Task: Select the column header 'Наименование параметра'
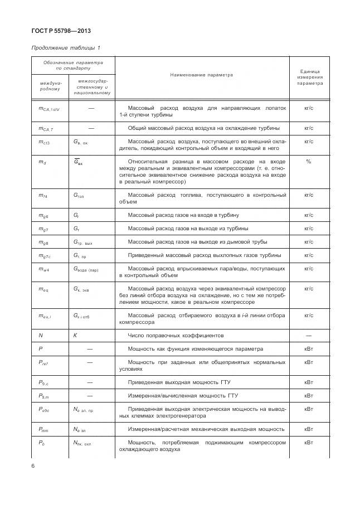click(x=202, y=74)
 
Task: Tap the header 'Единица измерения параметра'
click(x=309, y=77)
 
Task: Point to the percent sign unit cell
click(x=309, y=161)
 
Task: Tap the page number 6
click(x=33, y=466)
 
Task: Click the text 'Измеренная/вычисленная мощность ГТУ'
click(x=179, y=395)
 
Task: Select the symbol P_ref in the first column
click(x=43, y=363)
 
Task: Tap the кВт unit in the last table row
click(x=309, y=443)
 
